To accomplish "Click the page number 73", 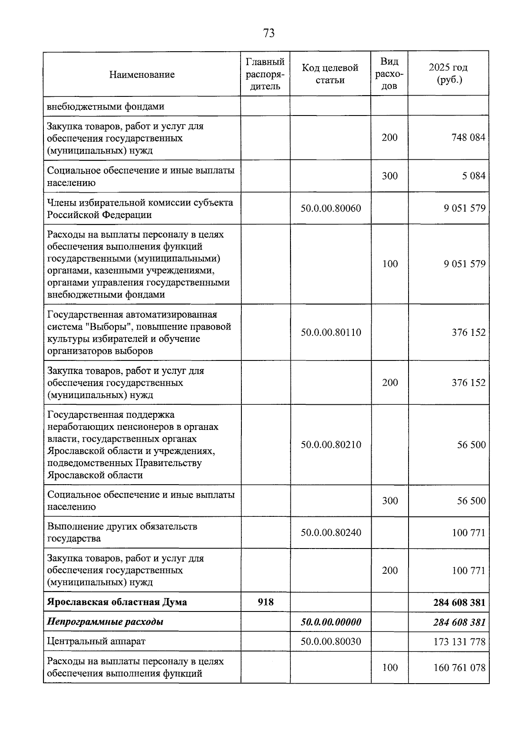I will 269,33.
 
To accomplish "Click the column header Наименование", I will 142,74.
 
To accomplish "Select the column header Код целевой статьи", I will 330,74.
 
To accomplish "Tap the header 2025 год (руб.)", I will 448,74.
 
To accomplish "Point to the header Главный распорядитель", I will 265,74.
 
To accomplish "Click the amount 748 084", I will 468,138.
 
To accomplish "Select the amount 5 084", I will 474,176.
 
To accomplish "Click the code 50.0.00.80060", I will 330,208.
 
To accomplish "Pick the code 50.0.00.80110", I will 330,333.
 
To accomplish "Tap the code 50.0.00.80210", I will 330,445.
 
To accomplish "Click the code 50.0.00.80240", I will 330,532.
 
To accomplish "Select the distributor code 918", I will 265,602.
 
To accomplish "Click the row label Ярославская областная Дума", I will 117,602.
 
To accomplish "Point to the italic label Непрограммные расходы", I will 105,622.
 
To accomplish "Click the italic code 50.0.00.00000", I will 330,622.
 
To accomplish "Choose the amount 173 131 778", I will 459,641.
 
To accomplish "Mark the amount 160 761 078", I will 459,668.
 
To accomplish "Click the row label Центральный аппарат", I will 96,641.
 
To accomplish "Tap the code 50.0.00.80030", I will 330,641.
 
